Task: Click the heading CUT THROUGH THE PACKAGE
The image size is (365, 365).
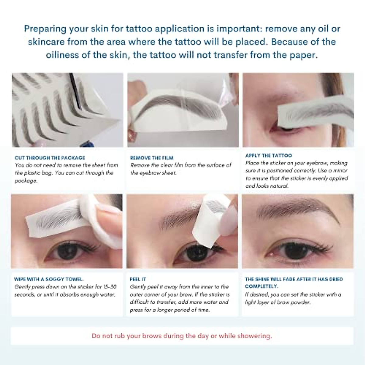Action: (50, 158)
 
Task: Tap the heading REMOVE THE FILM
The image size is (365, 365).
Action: (151, 158)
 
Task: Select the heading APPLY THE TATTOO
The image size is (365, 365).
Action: (268, 155)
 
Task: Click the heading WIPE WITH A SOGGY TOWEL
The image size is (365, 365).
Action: (49, 279)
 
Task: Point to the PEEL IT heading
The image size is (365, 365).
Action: (138, 279)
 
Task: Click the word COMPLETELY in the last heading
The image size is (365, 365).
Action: (261, 287)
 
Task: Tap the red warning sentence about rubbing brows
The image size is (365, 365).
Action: (182, 336)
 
